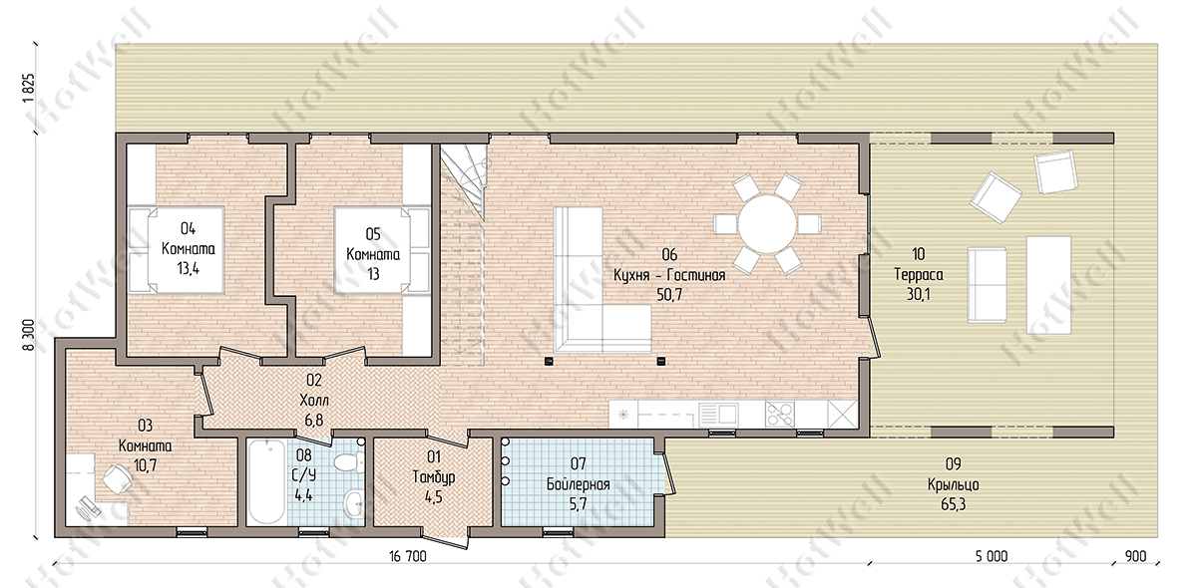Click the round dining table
click(x=766, y=224)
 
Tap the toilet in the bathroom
click(x=349, y=462)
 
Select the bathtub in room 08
click(x=267, y=482)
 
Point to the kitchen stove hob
click(x=780, y=415)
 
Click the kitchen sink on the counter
click(x=719, y=415)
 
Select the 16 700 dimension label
click(x=408, y=556)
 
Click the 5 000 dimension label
click(x=992, y=556)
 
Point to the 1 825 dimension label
click(x=29, y=92)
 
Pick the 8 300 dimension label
click(x=29, y=335)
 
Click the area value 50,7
click(x=669, y=295)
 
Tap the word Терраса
click(x=918, y=274)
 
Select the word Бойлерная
click(x=578, y=484)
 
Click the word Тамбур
click(x=433, y=477)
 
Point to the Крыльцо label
click(x=954, y=484)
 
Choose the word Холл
click(x=314, y=400)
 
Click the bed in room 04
click(x=177, y=250)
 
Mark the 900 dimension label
click(x=1135, y=556)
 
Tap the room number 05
click(x=373, y=234)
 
